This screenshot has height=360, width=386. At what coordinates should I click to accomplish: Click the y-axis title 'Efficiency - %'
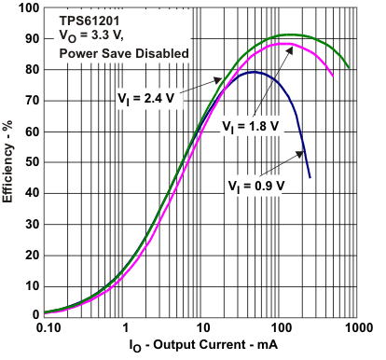point(11,161)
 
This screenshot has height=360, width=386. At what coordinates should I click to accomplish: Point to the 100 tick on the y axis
point(28,8)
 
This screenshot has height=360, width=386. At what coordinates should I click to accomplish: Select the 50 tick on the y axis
point(31,162)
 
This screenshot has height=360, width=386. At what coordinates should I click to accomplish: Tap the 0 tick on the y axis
point(34,315)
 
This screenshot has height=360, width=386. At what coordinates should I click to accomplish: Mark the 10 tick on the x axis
point(202,328)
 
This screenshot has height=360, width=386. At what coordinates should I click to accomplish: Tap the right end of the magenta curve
point(333,76)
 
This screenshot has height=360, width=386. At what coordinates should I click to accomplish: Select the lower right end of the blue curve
point(310,177)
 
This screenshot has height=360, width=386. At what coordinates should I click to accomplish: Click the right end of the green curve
point(349,67)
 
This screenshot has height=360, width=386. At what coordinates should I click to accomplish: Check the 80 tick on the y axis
point(31,70)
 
